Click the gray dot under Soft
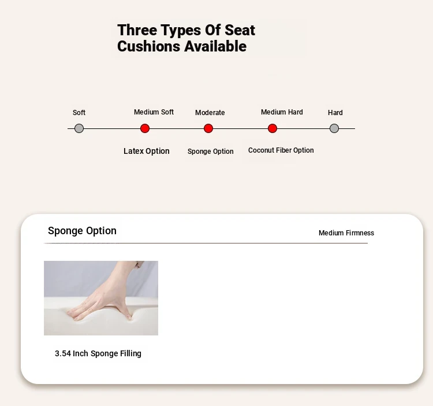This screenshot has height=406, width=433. point(79,128)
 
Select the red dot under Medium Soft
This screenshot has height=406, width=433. point(145,128)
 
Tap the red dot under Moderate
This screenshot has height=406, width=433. point(208,128)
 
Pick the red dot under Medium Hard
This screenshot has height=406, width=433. point(273,128)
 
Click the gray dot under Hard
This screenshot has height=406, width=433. point(334,128)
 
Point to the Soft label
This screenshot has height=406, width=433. point(79,113)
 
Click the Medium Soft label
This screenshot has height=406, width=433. point(154,112)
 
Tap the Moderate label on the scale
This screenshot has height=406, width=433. point(210,113)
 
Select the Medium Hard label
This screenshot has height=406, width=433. point(282,112)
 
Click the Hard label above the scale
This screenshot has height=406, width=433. point(335,113)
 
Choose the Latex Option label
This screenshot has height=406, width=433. point(147,151)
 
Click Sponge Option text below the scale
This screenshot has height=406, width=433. point(210,152)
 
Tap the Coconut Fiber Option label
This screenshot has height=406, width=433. point(281,150)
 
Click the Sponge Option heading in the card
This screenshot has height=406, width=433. point(82,231)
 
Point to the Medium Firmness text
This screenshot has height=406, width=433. point(346,233)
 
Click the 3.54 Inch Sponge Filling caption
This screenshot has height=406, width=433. point(98,353)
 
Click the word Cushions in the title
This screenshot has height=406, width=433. point(149,46)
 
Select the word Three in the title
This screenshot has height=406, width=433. point(137,30)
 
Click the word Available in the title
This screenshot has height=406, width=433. point(215,46)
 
